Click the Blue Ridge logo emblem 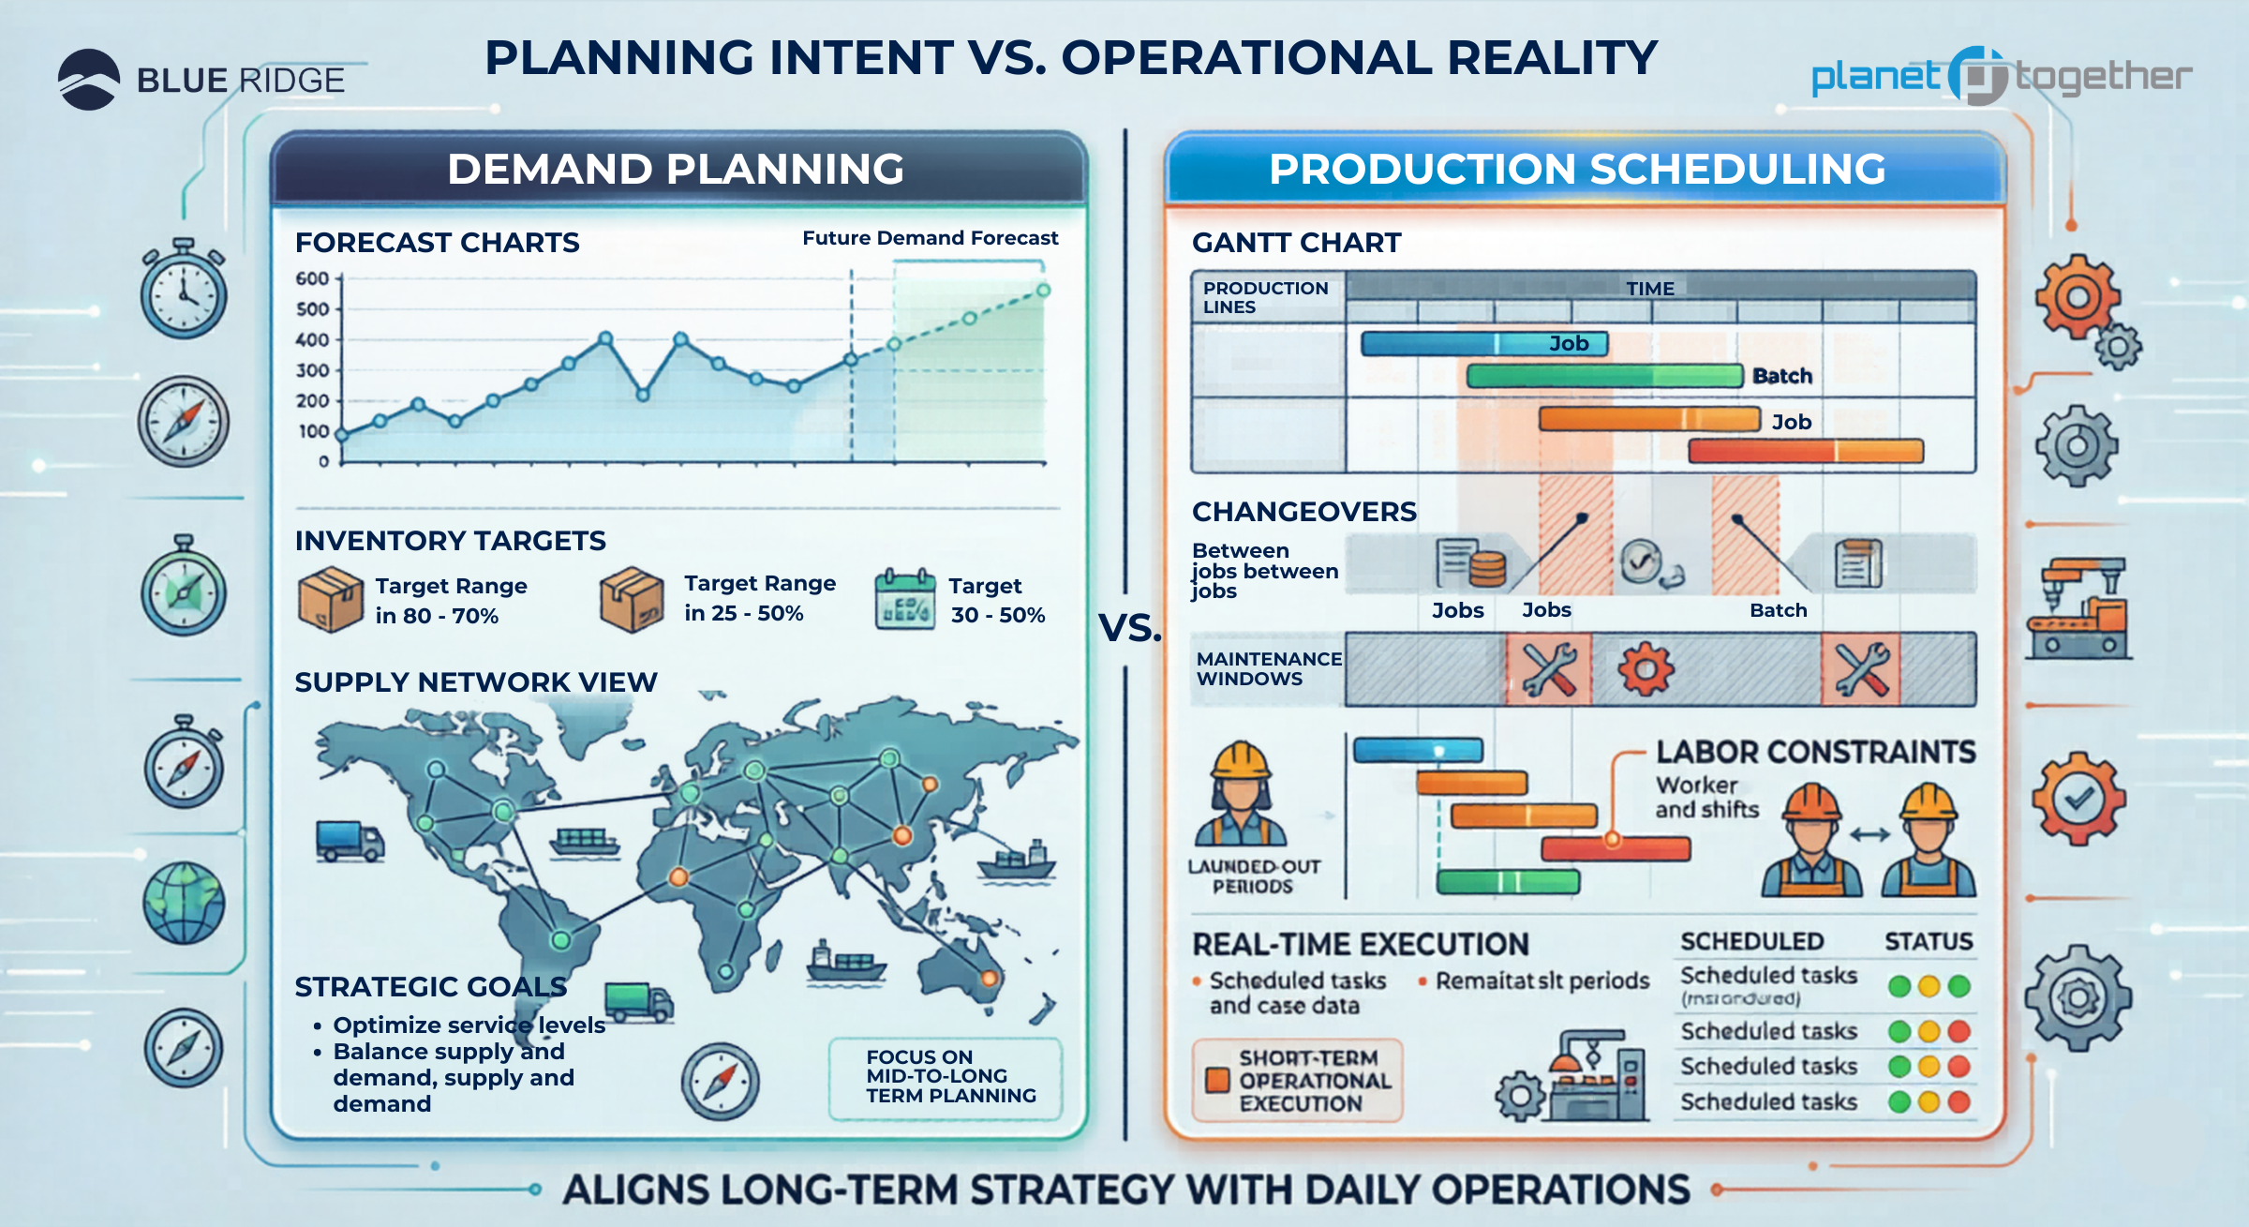pyautogui.click(x=89, y=80)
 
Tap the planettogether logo pyautogui.click(x=2001, y=76)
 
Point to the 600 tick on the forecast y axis pyautogui.click(x=313, y=278)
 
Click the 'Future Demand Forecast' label pyautogui.click(x=930, y=238)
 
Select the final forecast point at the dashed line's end pyautogui.click(x=1043, y=291)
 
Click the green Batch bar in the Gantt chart pyautogui.click(x=1604, y=376)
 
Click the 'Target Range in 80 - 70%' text pyautogui.click(x=451, y=600)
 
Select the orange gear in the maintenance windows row pyautogui.click(x=1646, y=669)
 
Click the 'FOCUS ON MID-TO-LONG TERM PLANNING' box pyautogui.click(x=946, y=1077)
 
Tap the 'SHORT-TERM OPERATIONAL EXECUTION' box pyautogui.click(x=1298, y=1080)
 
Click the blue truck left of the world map pyautogui.click(x=350, y=840)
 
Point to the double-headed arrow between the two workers pyautogui.click(x=1869, y=834)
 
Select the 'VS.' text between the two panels pyautogui.click(x=1129, y=628)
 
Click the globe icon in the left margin pyautogui.click(x=184, y=903)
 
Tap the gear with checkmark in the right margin pyautogui.click(x=2078, y=799)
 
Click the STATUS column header pyautogui.click(x=1928, y=941)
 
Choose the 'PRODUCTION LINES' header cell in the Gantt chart pyautogui.click(x=1265, y=297)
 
